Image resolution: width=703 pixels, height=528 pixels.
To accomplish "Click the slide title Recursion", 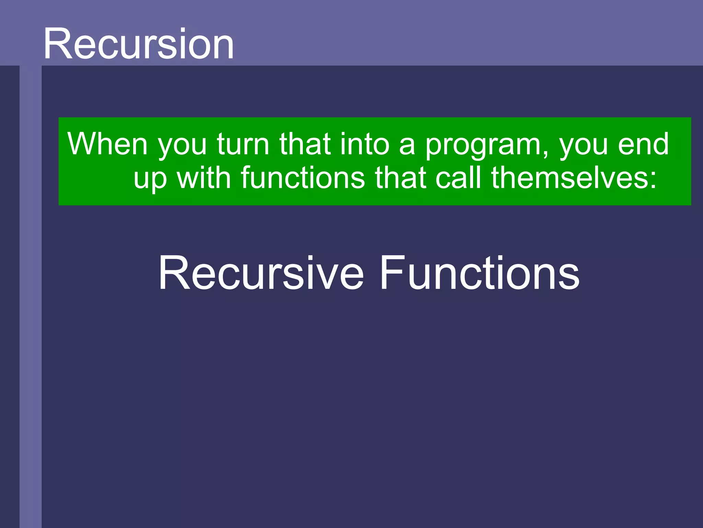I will point(138,44).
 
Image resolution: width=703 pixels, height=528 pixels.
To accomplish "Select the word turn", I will point(243,144).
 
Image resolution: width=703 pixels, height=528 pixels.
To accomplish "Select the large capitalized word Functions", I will point(479,273).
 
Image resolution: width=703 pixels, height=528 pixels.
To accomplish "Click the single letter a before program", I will point(407,146).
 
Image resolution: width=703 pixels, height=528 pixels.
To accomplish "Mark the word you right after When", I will point(182,146).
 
